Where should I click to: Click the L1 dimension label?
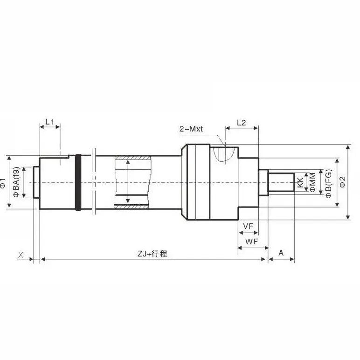pyautogui.click(x=49, y=122)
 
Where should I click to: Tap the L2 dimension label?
pyautogui.click(x=241, y=123)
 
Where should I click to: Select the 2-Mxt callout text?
pyautogui.click(x=191, y=129)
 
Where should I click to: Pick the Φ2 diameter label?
pyautogui.click(x=343, y=182)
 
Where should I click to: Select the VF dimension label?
pyautogui.click(x=248, y=226)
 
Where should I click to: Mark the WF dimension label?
pyautogui.click(x=252, y=242)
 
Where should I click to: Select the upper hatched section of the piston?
pyautogui.click(x=132, y=159)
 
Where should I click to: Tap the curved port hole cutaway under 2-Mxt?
pyautogui.click(x=226, y=153)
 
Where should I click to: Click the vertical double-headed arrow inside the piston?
pyautogui.click(x=128, y=182)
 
